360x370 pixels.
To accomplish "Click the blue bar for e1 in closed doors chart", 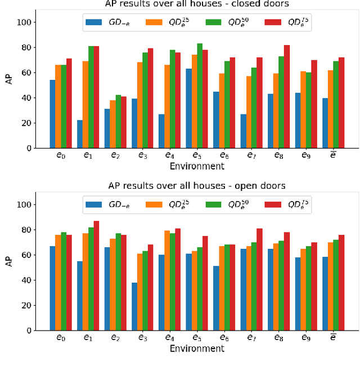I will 80,134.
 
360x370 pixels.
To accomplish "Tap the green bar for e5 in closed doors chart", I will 200,96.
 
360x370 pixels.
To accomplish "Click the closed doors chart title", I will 197,4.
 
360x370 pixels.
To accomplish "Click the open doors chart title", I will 197,186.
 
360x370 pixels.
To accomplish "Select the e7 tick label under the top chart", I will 249,156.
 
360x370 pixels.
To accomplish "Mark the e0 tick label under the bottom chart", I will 60,338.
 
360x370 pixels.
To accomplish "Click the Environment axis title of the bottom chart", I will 197,348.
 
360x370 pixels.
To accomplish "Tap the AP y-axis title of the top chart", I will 9,79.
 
